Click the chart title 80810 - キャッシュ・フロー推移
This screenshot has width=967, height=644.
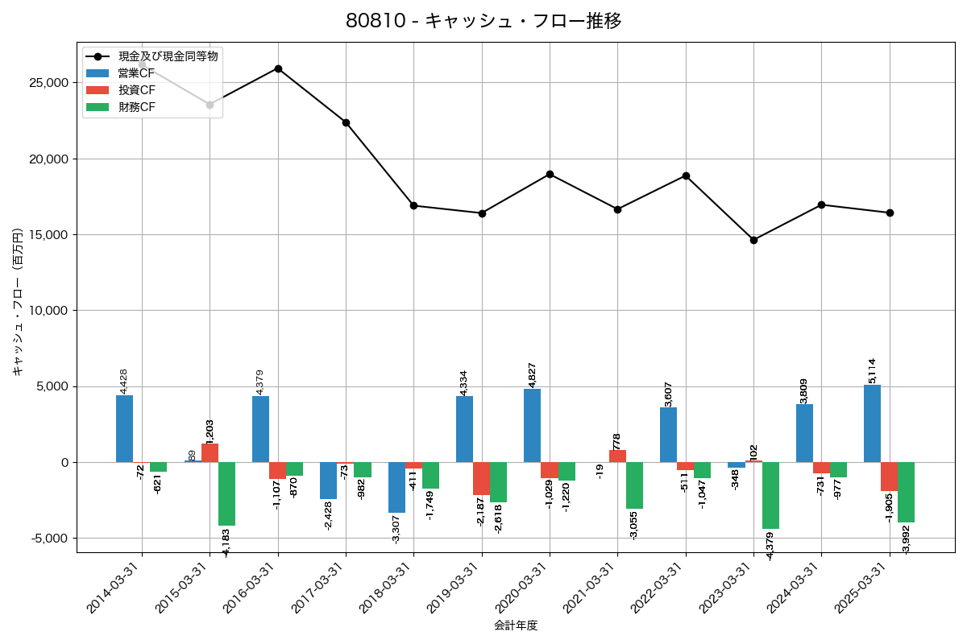click(483, 21)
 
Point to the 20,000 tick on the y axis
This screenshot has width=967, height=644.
click(48, 159)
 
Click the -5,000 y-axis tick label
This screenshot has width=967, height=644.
click(48, 539)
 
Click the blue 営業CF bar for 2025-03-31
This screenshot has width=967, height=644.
click(872, 423)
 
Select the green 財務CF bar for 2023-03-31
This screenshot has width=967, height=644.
click(770, 495)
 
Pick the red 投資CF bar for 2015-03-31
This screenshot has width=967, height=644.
click(210, 452)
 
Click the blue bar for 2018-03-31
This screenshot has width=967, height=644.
click(396, 487)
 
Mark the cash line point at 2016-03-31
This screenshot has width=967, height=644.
click(278, 68)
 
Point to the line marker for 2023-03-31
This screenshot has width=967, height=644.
click(753, 240)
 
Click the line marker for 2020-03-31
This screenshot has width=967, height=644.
click(550, 174)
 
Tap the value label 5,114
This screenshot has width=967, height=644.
click(873, 370)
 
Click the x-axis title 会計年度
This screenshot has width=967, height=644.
click(516, 625)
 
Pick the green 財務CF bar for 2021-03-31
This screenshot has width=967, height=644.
click(634, 485)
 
